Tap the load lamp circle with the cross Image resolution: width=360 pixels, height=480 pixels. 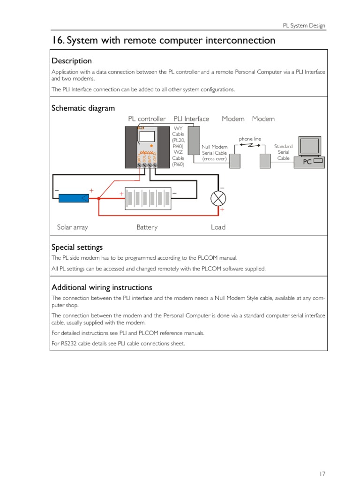217,198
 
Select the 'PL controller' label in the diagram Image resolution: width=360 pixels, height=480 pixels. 147,119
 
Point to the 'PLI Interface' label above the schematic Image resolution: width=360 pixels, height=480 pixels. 191,119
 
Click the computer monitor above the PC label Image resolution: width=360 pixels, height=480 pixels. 310,146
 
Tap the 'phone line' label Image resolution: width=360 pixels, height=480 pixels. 249,139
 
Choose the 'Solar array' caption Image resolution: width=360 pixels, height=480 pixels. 72,227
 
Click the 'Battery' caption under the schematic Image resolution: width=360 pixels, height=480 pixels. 147,227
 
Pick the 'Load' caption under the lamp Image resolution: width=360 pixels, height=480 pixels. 218,227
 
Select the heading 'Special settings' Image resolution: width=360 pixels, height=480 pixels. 77,247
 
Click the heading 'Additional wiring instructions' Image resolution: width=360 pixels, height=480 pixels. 102,287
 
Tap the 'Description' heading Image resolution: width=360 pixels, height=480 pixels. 72,61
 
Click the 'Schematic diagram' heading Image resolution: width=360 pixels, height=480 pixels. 83,108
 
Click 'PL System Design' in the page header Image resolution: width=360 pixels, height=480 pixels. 304,26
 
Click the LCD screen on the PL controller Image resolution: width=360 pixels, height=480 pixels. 148,136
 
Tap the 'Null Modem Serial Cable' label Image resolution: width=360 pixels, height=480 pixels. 214,153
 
